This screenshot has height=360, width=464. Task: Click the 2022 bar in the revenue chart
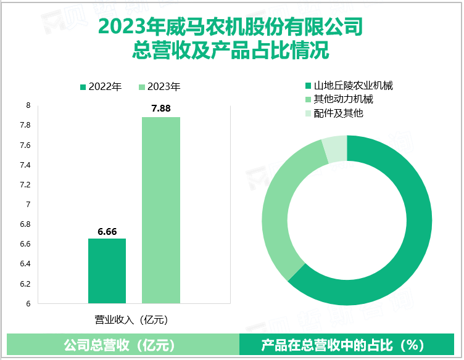[x=107, y=271]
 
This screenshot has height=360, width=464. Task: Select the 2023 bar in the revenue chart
[x=161, y=210]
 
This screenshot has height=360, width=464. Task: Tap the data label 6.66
[x=107, y=231]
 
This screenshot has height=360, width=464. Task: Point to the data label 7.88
[x=161, y=109]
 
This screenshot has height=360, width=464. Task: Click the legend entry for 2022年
[x=101, y=87]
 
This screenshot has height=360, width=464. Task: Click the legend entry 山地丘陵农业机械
[x=349, y=85]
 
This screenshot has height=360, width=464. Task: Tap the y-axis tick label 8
[x=28, y=105]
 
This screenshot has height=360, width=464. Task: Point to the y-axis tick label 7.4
[x=25, y=165]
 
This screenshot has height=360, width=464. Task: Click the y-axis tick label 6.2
[x=25, y=284]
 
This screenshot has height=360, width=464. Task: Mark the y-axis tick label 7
[x=28, y=204]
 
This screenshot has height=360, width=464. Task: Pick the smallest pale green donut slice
[x=334, y=149]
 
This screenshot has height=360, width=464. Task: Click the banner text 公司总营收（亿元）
[x=120, y=345]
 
